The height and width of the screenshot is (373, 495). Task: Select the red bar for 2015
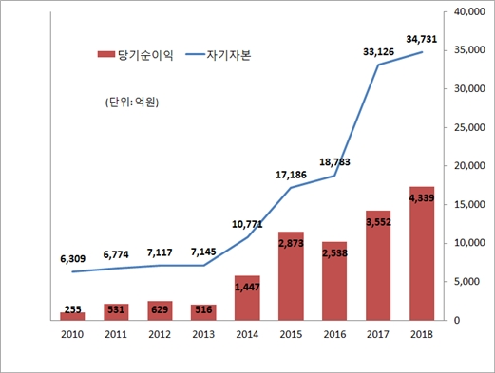pyautogui.click(x=292, y=275)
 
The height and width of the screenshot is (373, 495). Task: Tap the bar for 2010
pyautogui.click(x=72, y=316)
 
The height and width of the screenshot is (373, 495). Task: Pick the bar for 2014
pyautogui.click(x=248, y=297)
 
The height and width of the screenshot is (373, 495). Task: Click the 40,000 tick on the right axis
pyautogui.click(x=468, y=12)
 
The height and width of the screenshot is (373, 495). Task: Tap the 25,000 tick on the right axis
pyautogui.click(x=468, y=127)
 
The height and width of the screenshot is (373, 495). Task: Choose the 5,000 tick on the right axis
pyautogui.click(x=468, y=282)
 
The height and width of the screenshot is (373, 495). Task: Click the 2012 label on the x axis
pyautogui.click(x=160, y=334)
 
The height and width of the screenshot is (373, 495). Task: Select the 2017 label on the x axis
pyautogui.click(x=378, y=334)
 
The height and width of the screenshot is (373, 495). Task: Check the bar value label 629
pyautogui.click(x=160, y=308)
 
